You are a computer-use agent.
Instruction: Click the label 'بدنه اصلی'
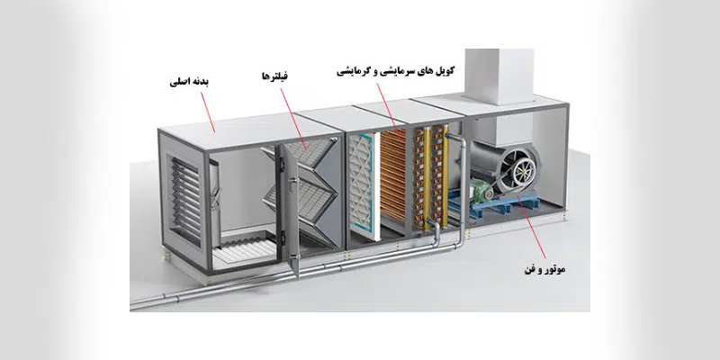pos(190,81)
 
